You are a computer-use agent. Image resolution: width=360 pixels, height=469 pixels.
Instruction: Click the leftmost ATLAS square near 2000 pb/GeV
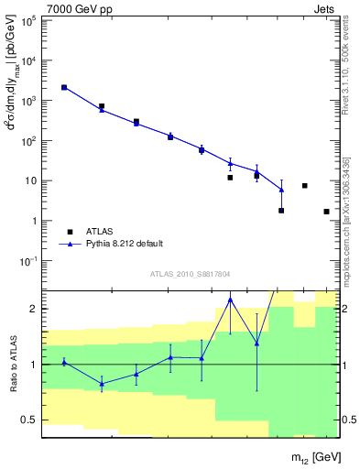(64, 88)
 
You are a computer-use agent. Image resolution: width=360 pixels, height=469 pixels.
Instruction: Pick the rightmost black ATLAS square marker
(326, 212)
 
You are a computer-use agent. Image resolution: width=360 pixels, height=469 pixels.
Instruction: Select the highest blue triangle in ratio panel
(230, 300)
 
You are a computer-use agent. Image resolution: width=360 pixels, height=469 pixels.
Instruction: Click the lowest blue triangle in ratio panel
(102, 384)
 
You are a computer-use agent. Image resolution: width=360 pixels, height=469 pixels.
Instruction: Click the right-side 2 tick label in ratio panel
(345, 309)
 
